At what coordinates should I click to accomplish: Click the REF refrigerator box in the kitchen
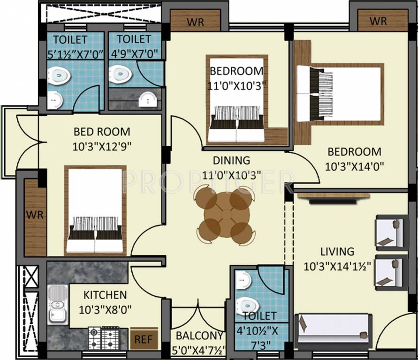[x=144, y=339]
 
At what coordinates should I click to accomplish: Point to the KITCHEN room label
[x=105, y=295]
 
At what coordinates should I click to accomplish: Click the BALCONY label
[x=199, y=336]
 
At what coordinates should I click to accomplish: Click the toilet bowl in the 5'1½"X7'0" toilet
[x=59, y=75]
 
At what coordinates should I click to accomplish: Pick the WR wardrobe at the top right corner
[x=378, y=21]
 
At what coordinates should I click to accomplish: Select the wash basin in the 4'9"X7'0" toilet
[x=148, y=99]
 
